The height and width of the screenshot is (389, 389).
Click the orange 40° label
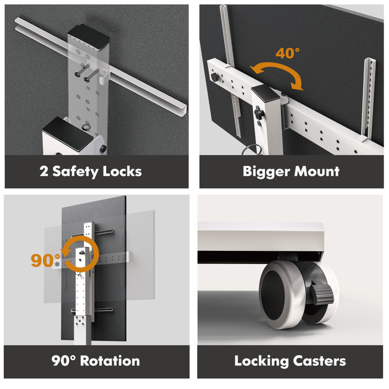click(287, 53)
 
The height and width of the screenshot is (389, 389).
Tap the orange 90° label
click(46, 260)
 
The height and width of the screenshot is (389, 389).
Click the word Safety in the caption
click(75, 172)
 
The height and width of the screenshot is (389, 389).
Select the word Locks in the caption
click(122, 171)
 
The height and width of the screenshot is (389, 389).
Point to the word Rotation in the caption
click(110, 361)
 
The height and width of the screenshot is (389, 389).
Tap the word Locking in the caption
click(261, 361)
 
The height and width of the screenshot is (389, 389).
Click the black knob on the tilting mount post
click(258, 113)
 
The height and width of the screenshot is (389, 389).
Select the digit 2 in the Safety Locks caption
click(44, 171)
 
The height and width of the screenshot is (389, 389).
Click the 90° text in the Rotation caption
click(63, 361)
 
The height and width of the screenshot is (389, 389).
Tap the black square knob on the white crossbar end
click(214, 77)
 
